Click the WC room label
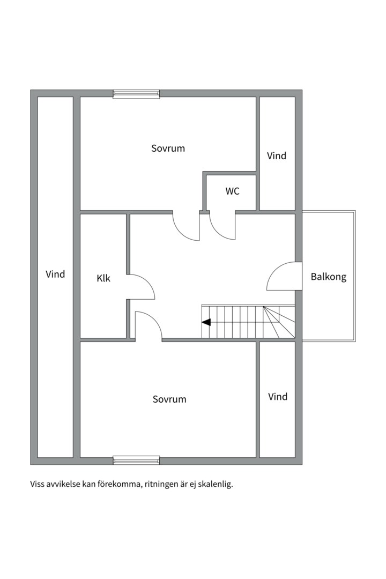(232, 191)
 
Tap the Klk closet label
(103, 278)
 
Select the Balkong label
(329, 277)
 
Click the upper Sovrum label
(168, 149)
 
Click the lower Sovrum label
(169, 399)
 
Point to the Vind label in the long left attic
(55, 274)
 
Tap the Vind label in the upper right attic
(277, 156)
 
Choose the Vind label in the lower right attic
(278, 397)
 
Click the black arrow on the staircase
(206, 322)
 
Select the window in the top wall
(136, 94)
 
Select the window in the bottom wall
(136, 460)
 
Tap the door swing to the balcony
(283, 277)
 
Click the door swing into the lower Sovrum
(147, 325)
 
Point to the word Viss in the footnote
(38, 485)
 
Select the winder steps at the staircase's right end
(278, 322)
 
